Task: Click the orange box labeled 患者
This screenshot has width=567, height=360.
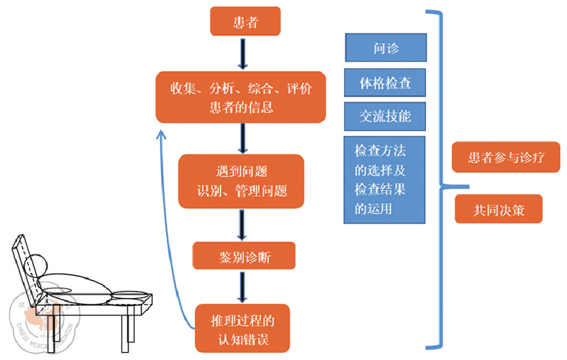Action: click(245, 23)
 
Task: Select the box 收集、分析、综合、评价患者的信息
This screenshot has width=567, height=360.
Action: click(241, 97)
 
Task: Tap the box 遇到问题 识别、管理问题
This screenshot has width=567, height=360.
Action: click(241, 181)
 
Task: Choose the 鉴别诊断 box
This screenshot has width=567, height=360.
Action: click(244, 256)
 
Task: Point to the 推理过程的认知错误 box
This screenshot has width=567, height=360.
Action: click(242, 328)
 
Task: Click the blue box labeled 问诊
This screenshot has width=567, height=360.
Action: click(386, 47)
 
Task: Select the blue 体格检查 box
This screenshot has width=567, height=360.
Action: click(385, 83)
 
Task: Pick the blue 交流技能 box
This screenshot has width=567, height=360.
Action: click(385, 116)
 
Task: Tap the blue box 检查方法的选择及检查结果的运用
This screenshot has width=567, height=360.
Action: click(384, 180)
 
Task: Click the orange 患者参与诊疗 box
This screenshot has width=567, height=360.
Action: click(506, 157)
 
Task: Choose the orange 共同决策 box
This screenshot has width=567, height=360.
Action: click(498, 209)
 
